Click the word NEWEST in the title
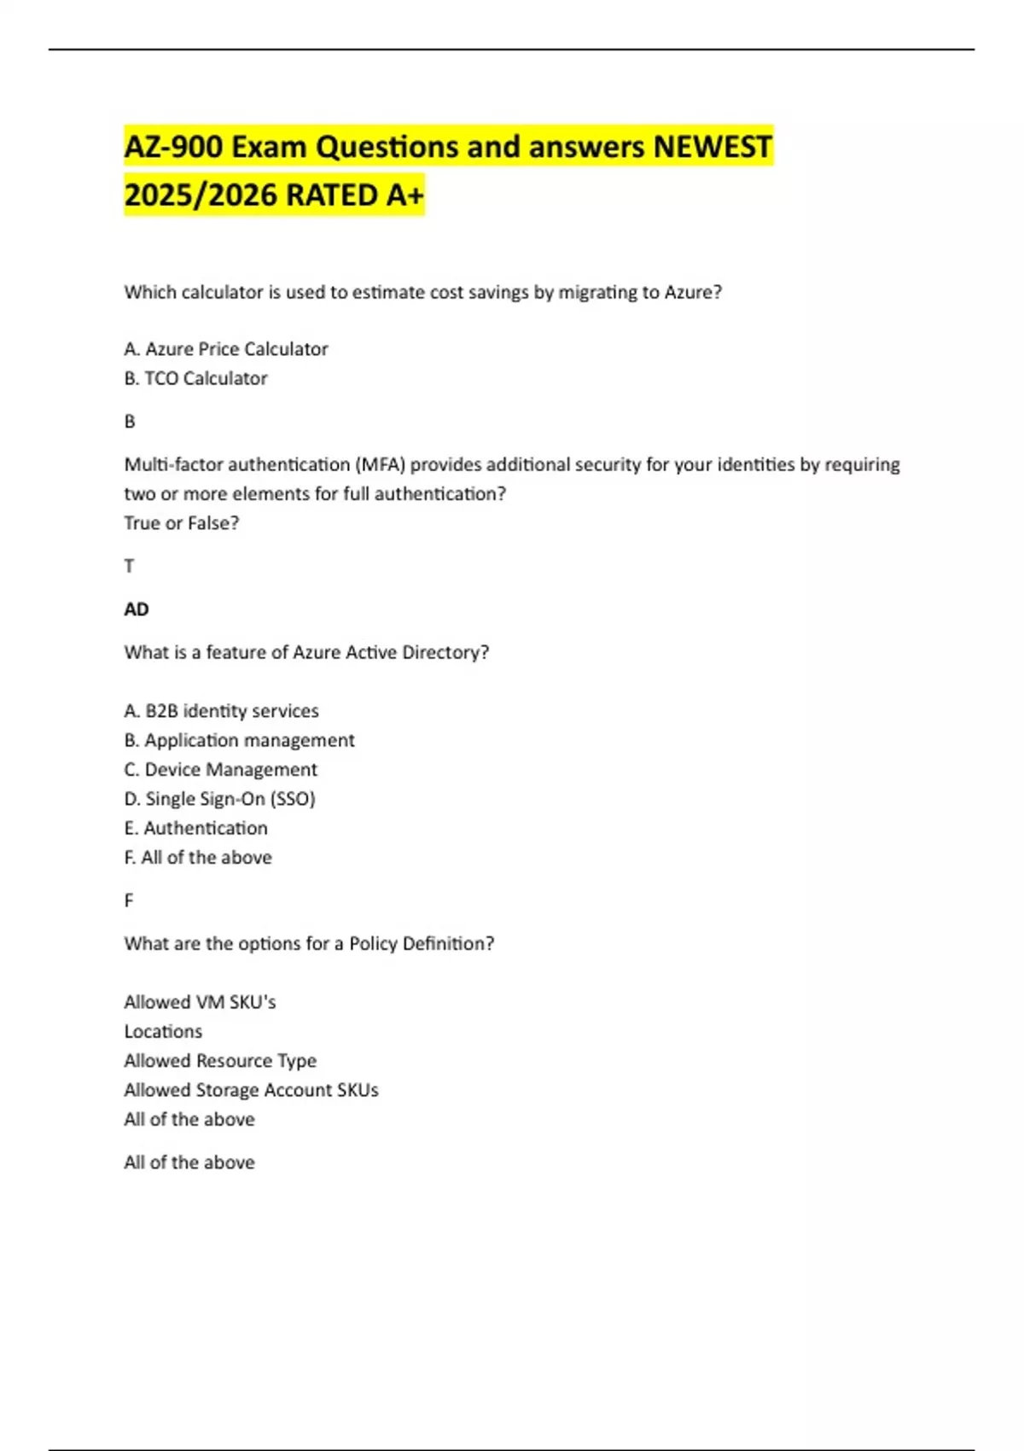[712, 147]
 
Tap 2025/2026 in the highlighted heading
[201, 195]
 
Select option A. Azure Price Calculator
[226, 349]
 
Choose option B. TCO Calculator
[195, 378]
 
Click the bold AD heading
[137, 609]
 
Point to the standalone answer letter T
[129, 566]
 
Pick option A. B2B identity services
[221, 711]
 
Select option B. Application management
[239, 740]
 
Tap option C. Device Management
[220, 769]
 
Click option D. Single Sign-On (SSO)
[219, 799]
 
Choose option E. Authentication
[195, 828]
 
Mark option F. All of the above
[198, 857]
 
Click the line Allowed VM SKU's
[200, 1002]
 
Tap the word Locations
[163, 1031]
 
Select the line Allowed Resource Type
[220, 1060]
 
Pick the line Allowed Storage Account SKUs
[251, 1090]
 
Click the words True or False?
[181, 522]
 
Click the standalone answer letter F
[129, 900]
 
